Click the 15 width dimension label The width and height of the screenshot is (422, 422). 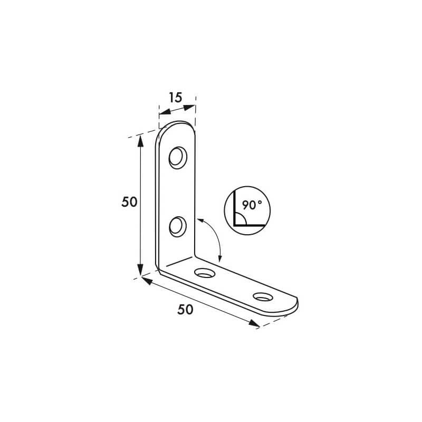[x=176, y=98]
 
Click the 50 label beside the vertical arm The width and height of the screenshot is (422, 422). [x=129, y=202]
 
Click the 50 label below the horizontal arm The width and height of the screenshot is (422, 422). [x=185, y=310]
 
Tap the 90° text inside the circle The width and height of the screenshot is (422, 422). [x=252, y=205]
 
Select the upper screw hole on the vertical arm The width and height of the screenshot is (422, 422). [x=178, y=158]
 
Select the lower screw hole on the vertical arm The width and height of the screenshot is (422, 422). [x=178, y=227]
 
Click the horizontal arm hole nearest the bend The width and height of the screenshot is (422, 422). [x=205, y=273]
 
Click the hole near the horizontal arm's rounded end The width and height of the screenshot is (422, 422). [x=263, y=296]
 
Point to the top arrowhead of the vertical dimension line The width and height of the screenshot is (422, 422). [x=140, y=140]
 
